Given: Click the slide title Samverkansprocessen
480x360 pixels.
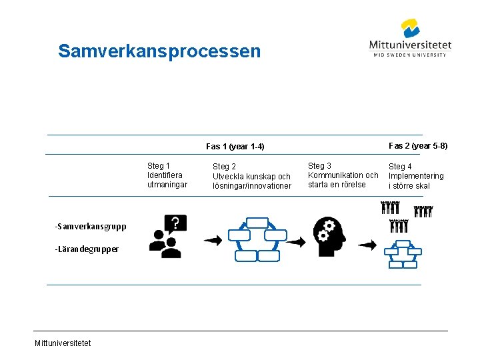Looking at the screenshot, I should coord(159,51).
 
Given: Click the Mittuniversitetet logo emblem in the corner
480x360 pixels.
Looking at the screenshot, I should coord(410,29).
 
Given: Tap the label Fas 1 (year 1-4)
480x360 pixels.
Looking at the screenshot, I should coord(235,147).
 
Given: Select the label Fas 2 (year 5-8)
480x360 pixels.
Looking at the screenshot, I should coord(418,146).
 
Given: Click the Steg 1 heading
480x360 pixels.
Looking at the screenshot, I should coord(159,166).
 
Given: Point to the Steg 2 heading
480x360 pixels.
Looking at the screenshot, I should coord(224,167).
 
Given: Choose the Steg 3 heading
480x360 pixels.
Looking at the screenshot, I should coord(319,166).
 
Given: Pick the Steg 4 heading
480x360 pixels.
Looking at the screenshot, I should coord(401,167).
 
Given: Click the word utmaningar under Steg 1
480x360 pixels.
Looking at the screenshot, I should coord(167,185).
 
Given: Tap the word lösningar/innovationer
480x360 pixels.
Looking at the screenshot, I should coord(252,186).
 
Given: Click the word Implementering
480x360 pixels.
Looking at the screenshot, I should coord(416,176).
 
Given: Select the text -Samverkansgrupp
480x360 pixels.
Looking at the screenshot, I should coord(91,227).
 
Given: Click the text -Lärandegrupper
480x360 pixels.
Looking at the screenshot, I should coord(87,249).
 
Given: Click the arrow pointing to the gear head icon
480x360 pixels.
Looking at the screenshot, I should coord(295,241).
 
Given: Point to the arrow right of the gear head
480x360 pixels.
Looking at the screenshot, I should coord(367,245).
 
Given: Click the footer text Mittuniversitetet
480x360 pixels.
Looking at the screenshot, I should coord(63,343).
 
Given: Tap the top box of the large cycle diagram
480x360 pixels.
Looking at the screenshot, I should coord(257,223).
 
